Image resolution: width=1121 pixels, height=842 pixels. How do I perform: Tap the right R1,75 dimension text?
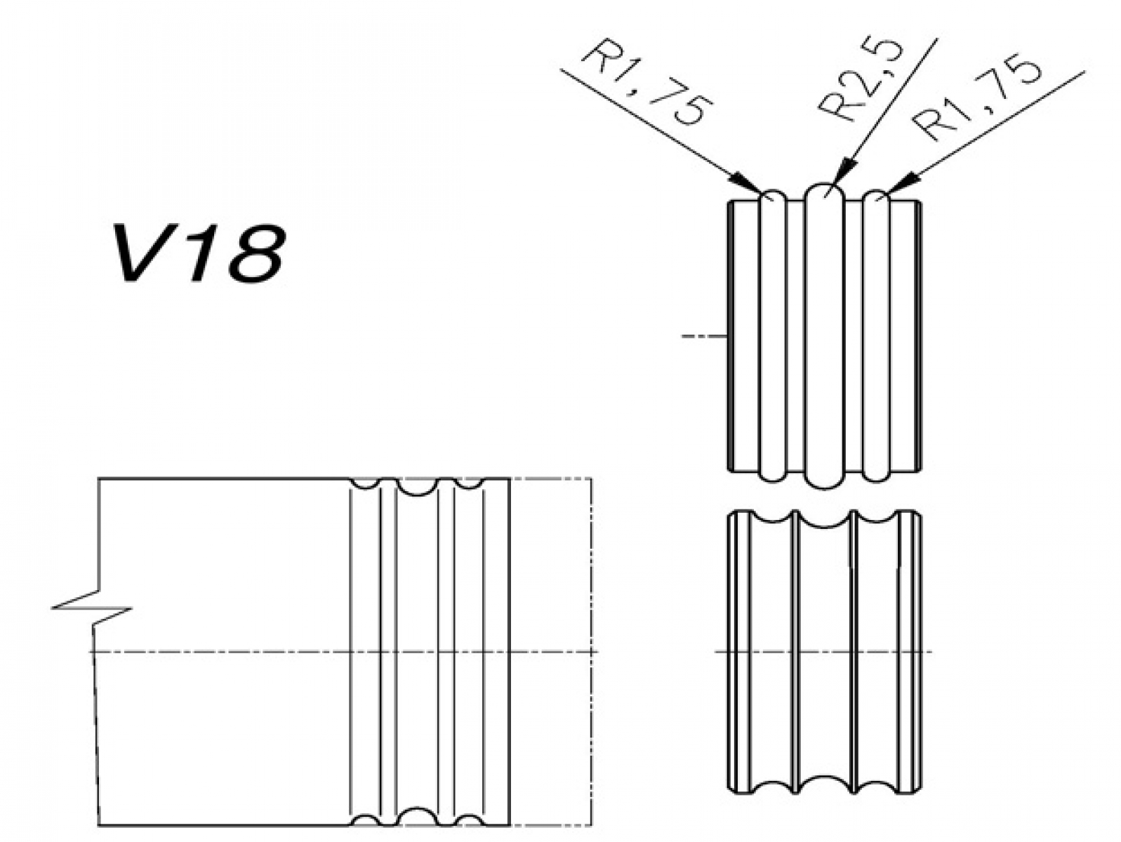tap(976, 96)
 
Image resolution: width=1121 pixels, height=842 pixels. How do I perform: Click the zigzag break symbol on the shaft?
tap(92, 608)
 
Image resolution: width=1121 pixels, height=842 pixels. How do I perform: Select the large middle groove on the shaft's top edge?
tap(417, 486)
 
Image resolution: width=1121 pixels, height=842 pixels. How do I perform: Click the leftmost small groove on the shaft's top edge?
tap(366, 483)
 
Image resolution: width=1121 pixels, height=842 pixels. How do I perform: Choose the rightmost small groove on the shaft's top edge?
tap(468, 483)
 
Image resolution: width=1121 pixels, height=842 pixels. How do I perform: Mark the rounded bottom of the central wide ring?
tap(824, 481)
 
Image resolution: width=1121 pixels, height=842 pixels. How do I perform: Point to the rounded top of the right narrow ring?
tap(876, 196)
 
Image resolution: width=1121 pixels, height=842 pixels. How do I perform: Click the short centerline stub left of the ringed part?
tap(704, 336)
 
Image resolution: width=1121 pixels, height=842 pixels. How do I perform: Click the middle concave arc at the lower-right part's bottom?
tap(824, 783)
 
